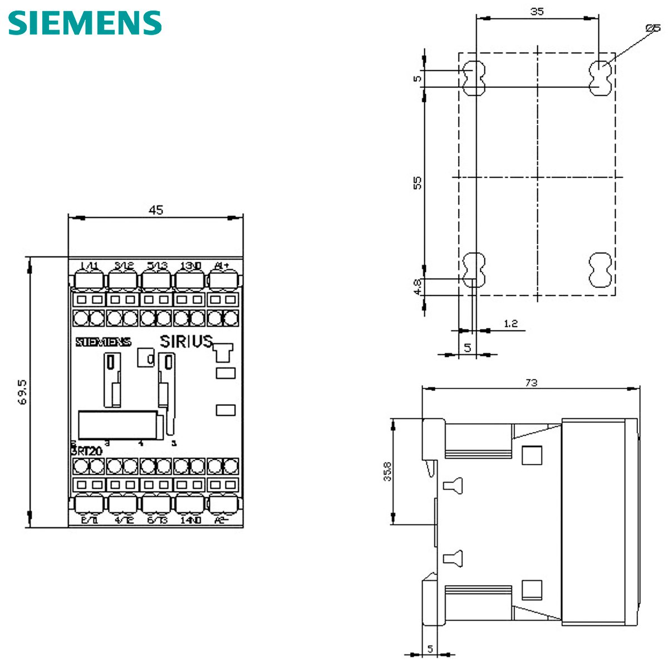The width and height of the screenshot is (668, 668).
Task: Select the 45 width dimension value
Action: (156, 210)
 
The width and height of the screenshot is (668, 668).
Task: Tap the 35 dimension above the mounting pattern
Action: (537, 11)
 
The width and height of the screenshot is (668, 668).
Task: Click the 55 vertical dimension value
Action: (417, 182)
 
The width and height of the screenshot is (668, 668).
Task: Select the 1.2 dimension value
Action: (510, 323)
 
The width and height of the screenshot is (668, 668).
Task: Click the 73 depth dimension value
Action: (531, 382)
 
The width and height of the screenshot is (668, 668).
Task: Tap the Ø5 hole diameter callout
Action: (652, 28)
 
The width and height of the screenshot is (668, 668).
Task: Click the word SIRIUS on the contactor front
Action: (186, 341)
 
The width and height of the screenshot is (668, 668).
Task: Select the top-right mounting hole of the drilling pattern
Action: (600, 78)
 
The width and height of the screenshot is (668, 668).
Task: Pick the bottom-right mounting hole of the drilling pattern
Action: (600, 270)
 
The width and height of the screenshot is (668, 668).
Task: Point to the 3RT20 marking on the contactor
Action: (86, 451)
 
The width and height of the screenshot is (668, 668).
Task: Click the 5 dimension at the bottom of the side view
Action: (430, 649)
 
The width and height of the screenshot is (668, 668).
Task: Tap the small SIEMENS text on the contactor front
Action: (103, 342)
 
